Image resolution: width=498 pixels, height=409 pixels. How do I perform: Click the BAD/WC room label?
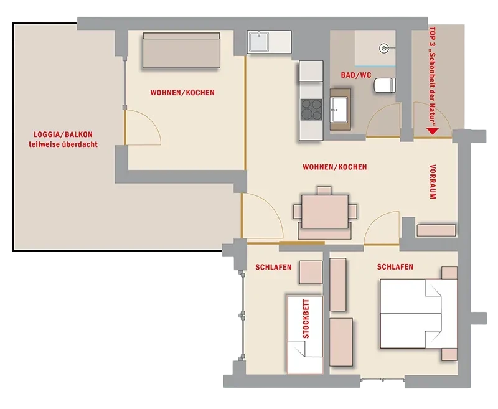[x=355, y=75]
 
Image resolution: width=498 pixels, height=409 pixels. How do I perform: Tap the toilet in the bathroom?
[x=384, y=85]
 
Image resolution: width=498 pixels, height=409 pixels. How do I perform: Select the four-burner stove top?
[x=311, y=110]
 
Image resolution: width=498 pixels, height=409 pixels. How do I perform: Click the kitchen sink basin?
[x=259, y=42]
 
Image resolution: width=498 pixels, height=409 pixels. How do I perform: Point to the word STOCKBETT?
[x=306, y=319]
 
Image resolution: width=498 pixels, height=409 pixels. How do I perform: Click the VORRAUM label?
[x=432, y=182]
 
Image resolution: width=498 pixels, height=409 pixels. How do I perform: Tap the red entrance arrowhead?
[x=433, y=131]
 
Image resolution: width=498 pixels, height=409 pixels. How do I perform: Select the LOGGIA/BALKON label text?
[x=63, y=134]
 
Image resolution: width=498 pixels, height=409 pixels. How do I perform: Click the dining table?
[x=325, y=212]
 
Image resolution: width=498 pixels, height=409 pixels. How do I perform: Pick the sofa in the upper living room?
[x=181, y=50]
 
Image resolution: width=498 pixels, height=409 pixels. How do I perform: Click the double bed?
[x=418, y=313]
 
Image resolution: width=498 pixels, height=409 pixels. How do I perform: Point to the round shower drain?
[x=384, y=49]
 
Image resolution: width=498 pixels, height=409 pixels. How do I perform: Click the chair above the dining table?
[x=324, y=190]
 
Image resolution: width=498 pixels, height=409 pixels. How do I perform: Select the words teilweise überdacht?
[x=63, y=144]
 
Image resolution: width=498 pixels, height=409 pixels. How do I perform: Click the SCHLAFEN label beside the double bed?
[x=395, y=266]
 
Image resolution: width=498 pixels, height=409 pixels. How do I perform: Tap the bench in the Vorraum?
[x=436, y=230]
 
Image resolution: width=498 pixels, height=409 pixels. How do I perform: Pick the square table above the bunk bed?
[x=311, y=272]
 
